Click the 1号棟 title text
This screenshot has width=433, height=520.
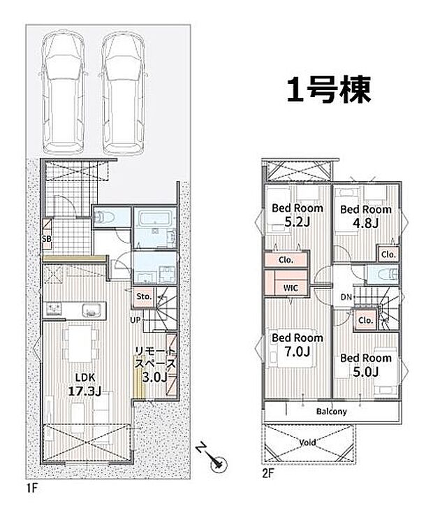[x=328, y=89]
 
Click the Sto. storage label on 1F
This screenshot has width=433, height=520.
[x=144, y=297]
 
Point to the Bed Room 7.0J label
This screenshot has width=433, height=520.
[x=297, y=345]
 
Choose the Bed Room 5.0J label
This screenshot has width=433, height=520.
[x=365, y=365]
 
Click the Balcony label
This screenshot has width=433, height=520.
[x=331, y=411]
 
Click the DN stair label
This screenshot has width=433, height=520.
[x=344, y=297]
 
